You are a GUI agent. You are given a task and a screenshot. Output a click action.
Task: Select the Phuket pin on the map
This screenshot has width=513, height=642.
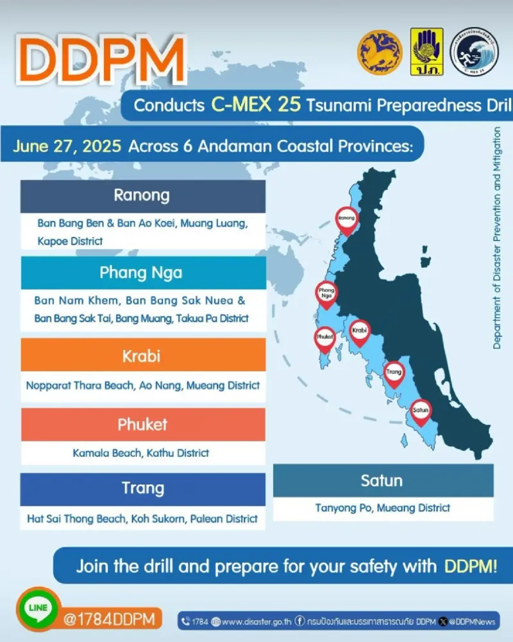325,340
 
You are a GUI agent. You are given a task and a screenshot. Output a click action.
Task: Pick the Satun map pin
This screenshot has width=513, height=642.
421,413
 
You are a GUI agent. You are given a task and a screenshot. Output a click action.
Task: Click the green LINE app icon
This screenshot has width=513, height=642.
38,609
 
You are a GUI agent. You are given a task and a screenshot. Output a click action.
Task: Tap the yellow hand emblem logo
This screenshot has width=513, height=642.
426,51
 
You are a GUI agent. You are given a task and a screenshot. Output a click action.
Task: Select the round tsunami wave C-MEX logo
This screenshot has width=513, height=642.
474,51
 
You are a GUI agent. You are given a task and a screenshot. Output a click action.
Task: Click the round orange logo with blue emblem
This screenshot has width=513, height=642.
380,52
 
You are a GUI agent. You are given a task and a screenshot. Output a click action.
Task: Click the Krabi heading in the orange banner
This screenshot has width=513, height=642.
141,356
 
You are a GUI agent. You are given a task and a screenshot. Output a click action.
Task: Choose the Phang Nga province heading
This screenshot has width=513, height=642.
141,273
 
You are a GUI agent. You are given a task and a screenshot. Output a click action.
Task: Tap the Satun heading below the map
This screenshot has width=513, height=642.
382,480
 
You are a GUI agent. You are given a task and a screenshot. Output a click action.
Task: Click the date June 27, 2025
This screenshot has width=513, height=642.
67,146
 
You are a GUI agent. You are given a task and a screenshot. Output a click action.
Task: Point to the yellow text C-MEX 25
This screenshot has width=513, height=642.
256,105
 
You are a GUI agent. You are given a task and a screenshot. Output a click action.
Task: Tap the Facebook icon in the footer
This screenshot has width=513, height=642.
300,621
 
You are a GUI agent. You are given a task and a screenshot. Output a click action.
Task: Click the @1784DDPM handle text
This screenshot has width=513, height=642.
109,619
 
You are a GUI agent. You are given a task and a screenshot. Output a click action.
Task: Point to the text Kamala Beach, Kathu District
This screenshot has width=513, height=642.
140,453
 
